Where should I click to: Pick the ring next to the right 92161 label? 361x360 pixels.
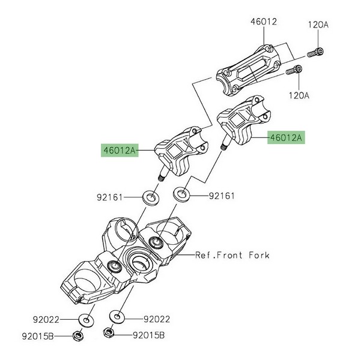181,194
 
